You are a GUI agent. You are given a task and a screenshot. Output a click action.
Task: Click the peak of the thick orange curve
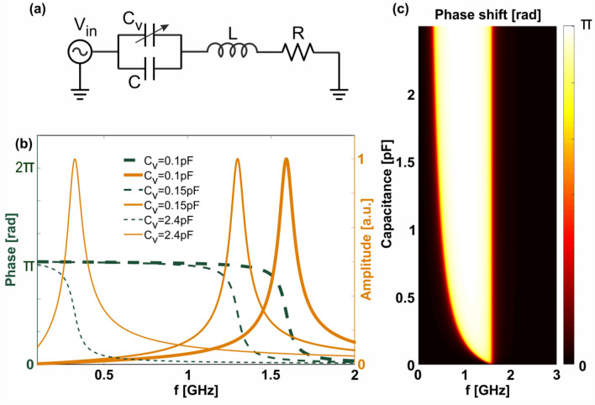point(287,159)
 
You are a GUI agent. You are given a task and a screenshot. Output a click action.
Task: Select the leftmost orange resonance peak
point(75,159)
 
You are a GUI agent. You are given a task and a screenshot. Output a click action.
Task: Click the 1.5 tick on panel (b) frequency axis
point(270,375)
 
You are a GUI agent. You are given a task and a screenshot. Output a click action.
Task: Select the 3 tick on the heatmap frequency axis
point(554,375)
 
